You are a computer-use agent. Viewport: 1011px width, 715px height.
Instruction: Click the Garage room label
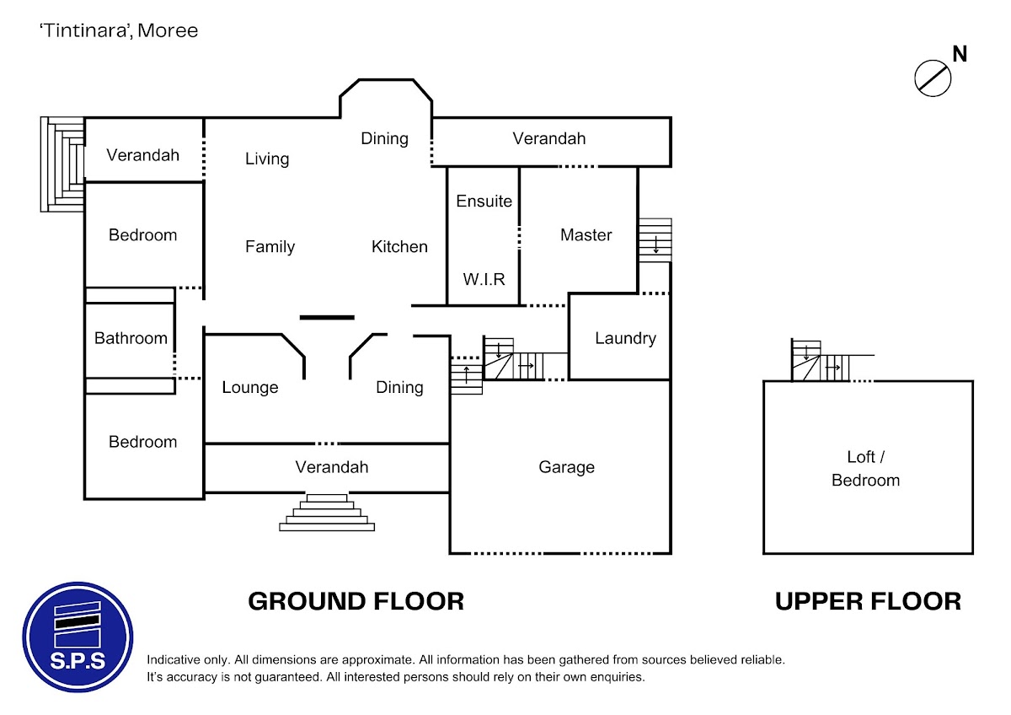(x=566, y=467)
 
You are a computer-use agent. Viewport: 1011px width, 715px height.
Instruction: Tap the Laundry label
(x=625, y=338)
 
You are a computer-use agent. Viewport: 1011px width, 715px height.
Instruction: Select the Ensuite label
(x=484, y=201)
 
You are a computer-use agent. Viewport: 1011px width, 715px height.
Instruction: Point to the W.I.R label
(x=484, y=280)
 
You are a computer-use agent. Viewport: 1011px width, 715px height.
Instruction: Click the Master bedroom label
(x=586, y=235)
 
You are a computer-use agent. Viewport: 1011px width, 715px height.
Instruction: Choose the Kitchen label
(x=399, y=246)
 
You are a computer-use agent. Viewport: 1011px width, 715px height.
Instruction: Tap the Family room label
(x=270, y=247)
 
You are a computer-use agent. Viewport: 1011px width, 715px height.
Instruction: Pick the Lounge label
(x=250, y=388)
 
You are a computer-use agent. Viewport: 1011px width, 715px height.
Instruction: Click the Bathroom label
(x=131, y=338)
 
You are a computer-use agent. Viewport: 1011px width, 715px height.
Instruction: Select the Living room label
(x=267, y=159)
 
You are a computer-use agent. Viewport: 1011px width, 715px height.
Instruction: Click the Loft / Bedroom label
(x=866, y=469)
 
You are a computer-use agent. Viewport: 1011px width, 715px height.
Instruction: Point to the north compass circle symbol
(x=933, y=78)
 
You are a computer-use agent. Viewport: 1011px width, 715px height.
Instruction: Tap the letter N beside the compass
(x=960, y=54)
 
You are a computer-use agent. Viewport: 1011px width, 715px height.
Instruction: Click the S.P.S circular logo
(x=78, y=637)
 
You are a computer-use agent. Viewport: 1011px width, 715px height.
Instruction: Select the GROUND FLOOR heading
(x=356, y=601)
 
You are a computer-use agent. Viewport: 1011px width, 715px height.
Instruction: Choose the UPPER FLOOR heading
(x=868, y=601)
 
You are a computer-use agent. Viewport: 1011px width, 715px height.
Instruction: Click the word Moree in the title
(x=168, y=30)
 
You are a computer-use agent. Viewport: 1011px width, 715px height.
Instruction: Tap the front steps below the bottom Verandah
(x=327, y=512)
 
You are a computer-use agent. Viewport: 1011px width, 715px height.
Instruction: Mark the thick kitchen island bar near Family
(x=327, y=318)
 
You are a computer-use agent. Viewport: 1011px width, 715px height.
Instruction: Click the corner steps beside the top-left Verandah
(x=62, y=164)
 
